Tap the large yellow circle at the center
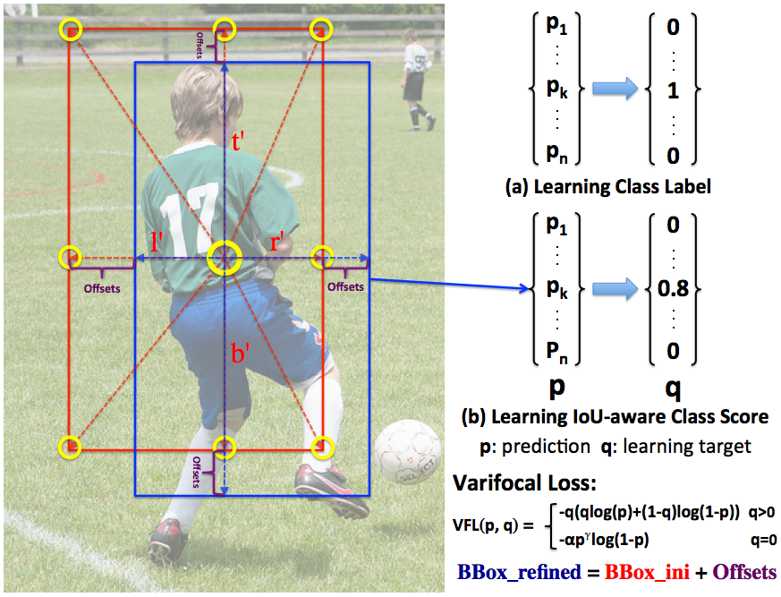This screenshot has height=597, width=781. (224, 259)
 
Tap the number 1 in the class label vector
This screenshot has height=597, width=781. (673, 90)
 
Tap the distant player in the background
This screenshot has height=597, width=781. (416, 77)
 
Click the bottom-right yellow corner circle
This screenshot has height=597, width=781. (322, 446)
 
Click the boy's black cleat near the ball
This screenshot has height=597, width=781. (332, 491)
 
